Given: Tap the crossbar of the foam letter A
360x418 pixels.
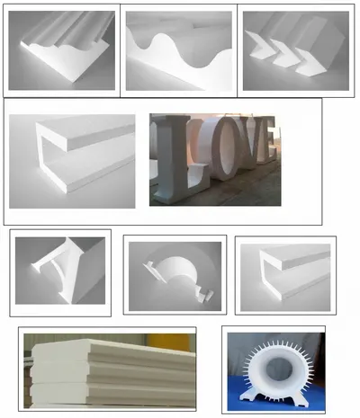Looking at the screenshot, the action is [58, 269].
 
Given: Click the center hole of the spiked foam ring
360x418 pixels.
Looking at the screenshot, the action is [279, 369].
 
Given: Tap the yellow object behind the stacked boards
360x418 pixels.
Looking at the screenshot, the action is [169, 342].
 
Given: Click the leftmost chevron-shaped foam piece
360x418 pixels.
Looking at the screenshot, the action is [259, 45].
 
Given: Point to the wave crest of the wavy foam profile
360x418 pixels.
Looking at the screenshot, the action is [161, 37].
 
